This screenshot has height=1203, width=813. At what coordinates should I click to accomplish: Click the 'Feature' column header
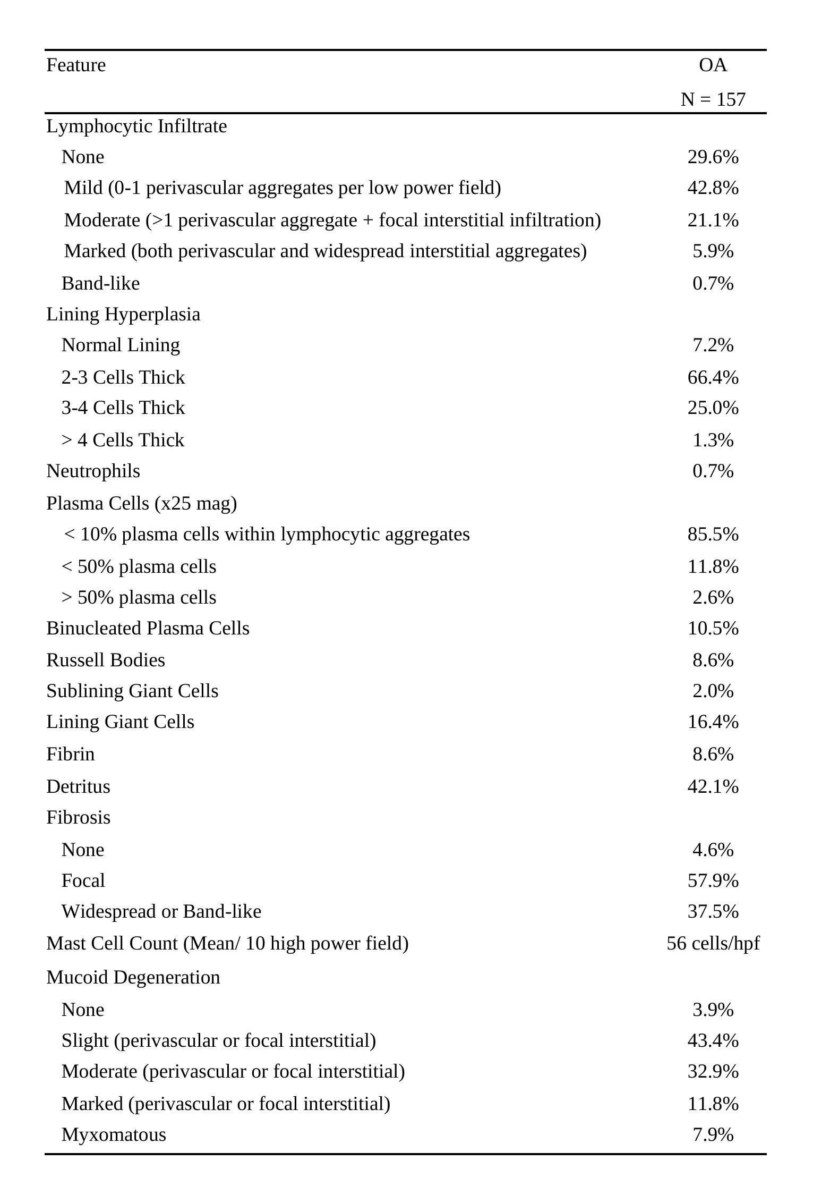[76, 65]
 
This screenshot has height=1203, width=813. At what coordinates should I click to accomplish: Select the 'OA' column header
[713, 65]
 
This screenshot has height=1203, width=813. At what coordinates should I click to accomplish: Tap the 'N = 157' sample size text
[713, 99]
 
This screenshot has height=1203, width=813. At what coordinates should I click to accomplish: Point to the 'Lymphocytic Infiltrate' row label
[136, 126]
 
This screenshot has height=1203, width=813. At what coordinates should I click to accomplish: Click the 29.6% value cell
[713, 157]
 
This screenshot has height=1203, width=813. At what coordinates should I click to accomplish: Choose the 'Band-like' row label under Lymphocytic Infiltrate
[100, 284]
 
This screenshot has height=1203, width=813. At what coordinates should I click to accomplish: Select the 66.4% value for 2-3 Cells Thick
[713, 378]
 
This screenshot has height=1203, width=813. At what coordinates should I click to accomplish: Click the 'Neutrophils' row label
[93, 471]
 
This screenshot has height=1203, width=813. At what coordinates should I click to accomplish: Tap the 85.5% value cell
[713, 535]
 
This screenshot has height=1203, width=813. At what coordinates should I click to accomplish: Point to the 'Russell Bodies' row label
[106, 660]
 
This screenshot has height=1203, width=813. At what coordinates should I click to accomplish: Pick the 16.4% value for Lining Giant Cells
[713, 722]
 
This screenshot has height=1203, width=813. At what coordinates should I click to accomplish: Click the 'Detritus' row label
[78, 786]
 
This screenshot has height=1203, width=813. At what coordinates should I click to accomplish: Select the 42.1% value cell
[713, 786]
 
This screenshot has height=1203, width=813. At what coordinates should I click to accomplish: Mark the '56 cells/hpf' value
[713, 943]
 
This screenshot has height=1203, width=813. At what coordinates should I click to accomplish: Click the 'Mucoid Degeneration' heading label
[133, 977]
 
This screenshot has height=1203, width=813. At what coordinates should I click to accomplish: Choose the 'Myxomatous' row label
[114, 1134]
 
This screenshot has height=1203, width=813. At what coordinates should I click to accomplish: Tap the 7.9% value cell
[713, 1134]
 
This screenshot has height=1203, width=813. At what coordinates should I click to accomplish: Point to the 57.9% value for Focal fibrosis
[713, 880]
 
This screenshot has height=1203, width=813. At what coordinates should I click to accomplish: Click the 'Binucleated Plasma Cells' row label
[148, 629]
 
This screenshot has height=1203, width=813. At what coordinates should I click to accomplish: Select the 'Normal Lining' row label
[121, 345]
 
